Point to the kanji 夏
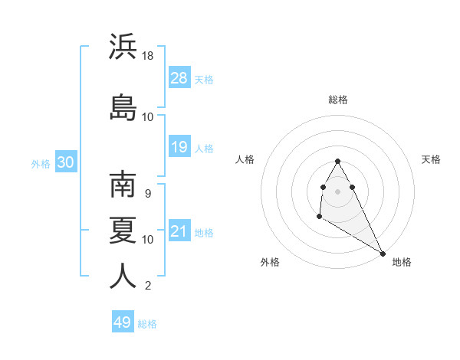coord(123,229)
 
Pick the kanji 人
coord(123,276)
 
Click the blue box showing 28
coord(179,78)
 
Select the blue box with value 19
coord(179,147)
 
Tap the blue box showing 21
coord(179,231)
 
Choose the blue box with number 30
coord(65,162)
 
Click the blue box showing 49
coord(123,322)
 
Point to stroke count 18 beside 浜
coord(148,56)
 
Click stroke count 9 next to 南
coord(148,193)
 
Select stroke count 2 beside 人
coord(148,286)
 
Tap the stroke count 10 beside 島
coord(148,116)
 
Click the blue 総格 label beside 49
coord(148,324)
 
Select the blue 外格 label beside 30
coord(41,163)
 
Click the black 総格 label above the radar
coord(338,100)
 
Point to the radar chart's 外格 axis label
coord(270,262)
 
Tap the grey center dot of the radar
coord(338,191)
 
